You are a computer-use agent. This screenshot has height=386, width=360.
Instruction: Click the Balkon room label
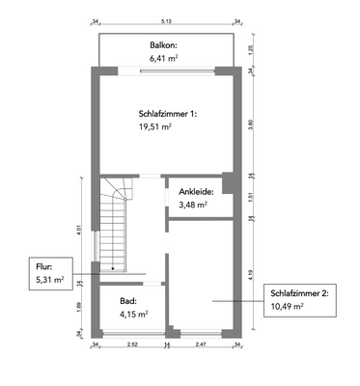163,44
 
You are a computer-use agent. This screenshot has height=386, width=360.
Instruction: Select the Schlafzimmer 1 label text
166,113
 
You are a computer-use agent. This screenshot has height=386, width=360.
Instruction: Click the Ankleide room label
196,191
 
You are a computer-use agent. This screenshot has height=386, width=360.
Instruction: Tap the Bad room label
127,301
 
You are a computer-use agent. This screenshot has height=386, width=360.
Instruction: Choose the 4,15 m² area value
133,314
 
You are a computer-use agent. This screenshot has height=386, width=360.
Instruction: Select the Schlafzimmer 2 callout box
299,299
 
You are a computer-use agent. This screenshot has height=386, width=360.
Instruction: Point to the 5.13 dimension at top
166,19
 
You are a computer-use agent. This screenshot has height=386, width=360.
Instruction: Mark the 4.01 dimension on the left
78,229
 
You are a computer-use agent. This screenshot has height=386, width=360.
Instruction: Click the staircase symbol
116,225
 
